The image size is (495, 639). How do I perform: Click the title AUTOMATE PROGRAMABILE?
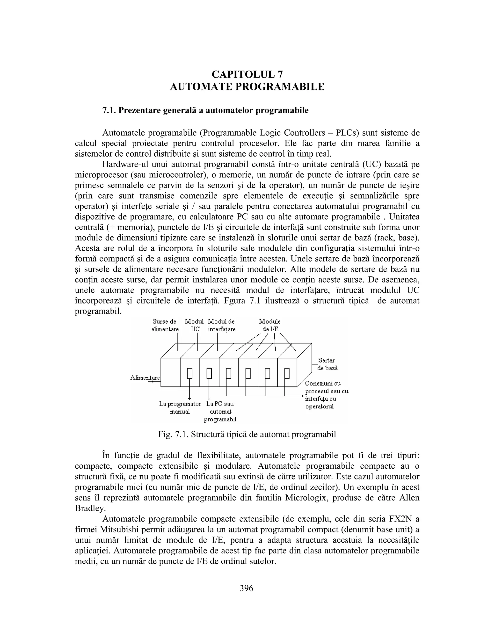(x=247, y=87)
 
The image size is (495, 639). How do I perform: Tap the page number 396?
(x=246, y=588)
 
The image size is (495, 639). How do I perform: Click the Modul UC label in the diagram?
(x=194, y=325)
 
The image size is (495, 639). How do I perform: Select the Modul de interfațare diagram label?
(x=221, y=325)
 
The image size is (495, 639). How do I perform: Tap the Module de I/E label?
(x=270, y=325)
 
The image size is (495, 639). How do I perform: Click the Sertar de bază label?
(x=327, y=364)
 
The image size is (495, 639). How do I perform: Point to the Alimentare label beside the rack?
(x=145, y=378)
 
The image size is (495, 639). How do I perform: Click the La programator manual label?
(x=180, y=407)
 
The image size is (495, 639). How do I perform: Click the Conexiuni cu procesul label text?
(x=326, y=395)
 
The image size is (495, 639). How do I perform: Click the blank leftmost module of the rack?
(x=170, y=372)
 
